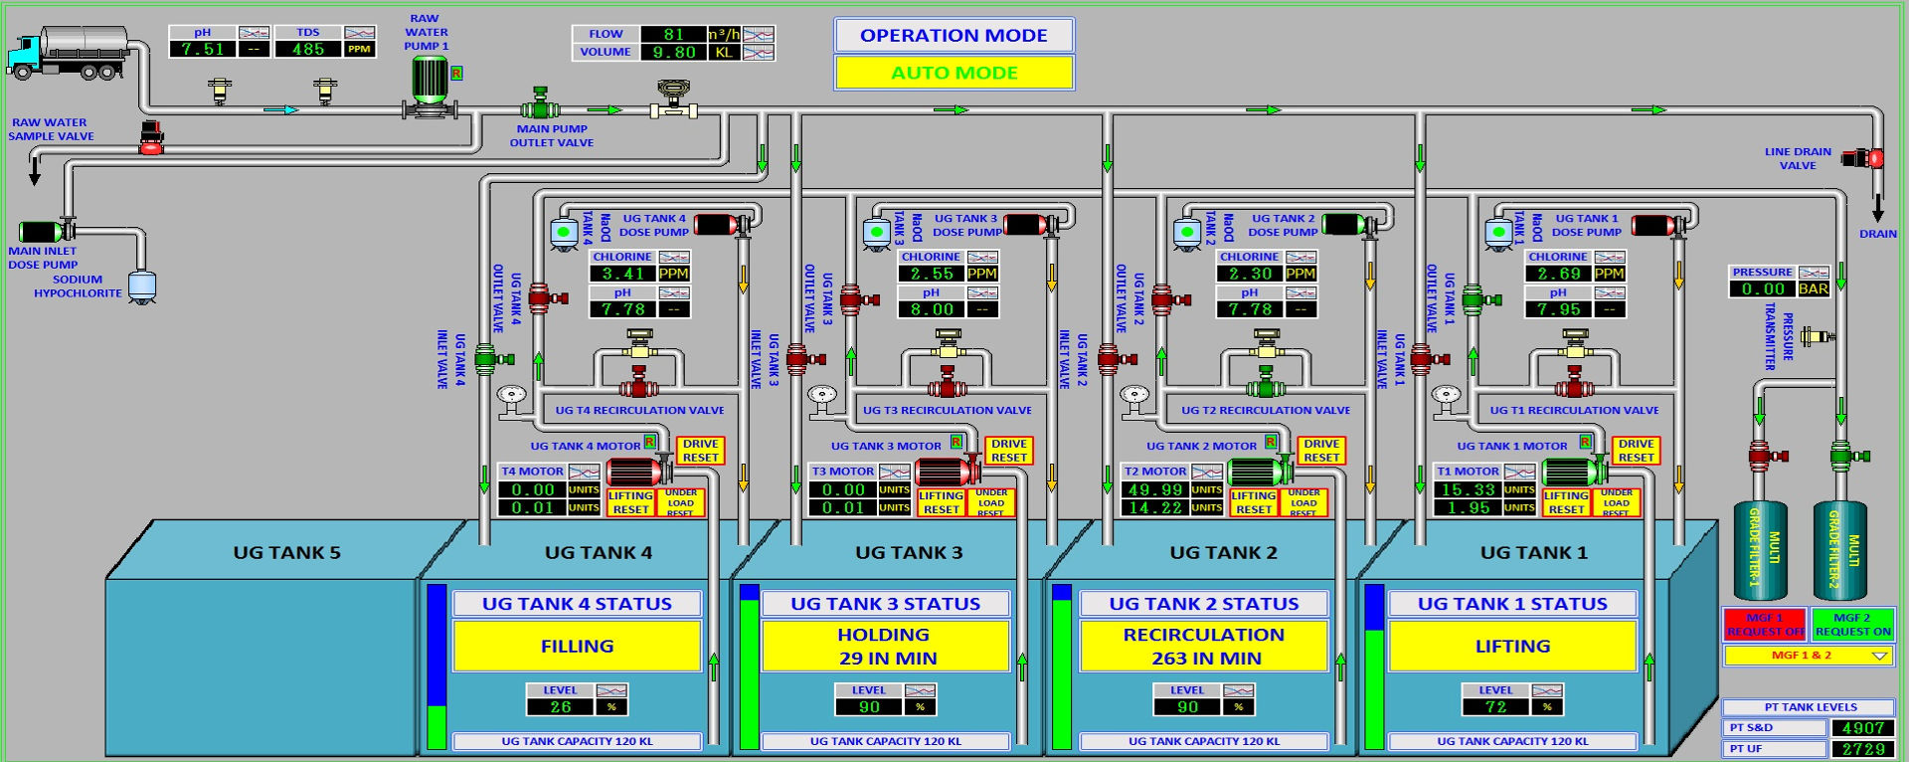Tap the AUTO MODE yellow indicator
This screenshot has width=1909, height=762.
pos(954,73)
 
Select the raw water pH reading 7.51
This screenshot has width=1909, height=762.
pos(203,49)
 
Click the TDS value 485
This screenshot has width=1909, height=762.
pos(308,49)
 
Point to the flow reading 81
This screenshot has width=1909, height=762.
pos(673,34)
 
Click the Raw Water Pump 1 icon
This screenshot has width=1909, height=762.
pos(431,86)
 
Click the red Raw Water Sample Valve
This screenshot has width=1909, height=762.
pos(151,138)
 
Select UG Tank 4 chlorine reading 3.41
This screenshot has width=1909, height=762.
pos(623,274)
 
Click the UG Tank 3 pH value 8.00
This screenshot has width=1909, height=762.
pos(932,309)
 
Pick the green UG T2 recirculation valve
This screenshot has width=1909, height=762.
pos(1265,382)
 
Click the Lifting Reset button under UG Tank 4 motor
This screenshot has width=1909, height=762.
pos(630,502)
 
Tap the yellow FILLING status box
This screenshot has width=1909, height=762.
pos(577,646)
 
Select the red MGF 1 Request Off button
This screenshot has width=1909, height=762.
pos(1765,625)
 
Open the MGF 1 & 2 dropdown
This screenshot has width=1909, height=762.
pos(1809,656)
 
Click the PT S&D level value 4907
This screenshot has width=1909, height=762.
pos(1862,728)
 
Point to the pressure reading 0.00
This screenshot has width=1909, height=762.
pos(1762,289)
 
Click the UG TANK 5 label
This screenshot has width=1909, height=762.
pos(286,553)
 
